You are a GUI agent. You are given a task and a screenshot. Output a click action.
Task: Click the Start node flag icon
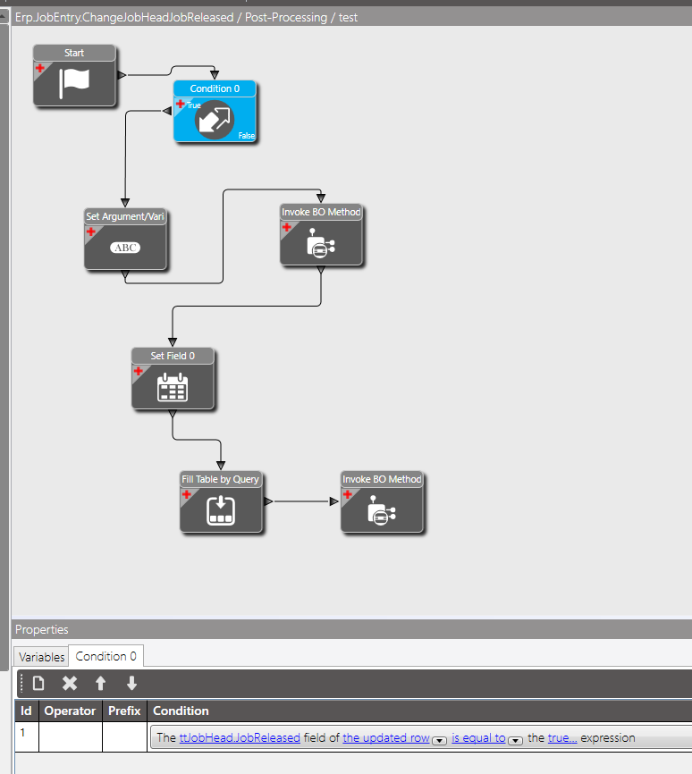pos(74,82)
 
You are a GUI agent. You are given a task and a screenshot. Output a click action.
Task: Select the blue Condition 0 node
pos(215,118)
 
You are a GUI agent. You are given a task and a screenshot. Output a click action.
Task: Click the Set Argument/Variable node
pos(126,246)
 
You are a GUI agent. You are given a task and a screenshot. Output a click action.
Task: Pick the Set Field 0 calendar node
pos(173,386)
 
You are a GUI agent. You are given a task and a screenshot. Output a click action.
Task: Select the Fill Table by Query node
pos(221,509)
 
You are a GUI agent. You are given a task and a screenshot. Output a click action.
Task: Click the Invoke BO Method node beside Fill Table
pos(382,509)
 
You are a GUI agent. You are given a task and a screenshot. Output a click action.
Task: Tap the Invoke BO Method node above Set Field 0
pos(321,242)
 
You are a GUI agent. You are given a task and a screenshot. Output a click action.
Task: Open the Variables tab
pos(42,657)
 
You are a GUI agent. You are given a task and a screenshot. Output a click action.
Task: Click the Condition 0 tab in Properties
pos(105,656)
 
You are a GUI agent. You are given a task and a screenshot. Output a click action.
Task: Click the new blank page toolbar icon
pos(38,684)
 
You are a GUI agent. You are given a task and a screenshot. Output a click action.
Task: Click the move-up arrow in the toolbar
pos(101,684)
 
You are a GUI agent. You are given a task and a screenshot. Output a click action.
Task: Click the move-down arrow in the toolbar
pos(131,684)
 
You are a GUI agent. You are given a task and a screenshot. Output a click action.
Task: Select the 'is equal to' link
pos(478,738)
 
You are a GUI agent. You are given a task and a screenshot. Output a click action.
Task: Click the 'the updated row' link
pos(386,738)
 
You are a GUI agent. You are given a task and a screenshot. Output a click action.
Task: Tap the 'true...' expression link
pos(562,738)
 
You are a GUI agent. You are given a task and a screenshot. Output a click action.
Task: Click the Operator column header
pos(70,711)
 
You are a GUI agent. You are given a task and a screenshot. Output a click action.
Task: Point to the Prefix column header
pos(124,711)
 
